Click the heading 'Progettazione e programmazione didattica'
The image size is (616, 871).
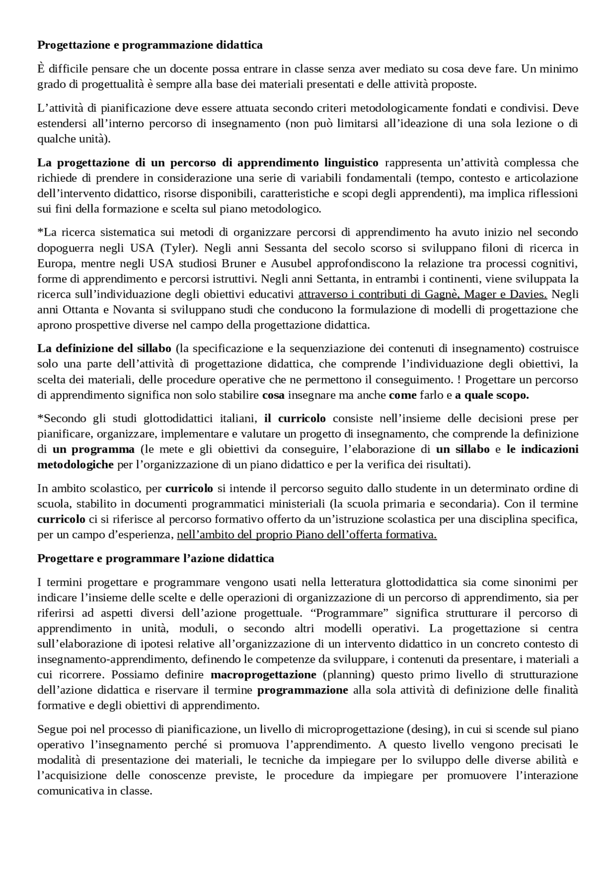[150, 45]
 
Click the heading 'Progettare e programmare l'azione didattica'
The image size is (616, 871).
[156, 558]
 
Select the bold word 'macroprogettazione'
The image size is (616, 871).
[263, 675]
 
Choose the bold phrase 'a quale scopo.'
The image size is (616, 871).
[492, 395]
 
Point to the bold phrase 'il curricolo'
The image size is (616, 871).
[295, 418]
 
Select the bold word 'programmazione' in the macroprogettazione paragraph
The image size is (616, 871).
[303, 690]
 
